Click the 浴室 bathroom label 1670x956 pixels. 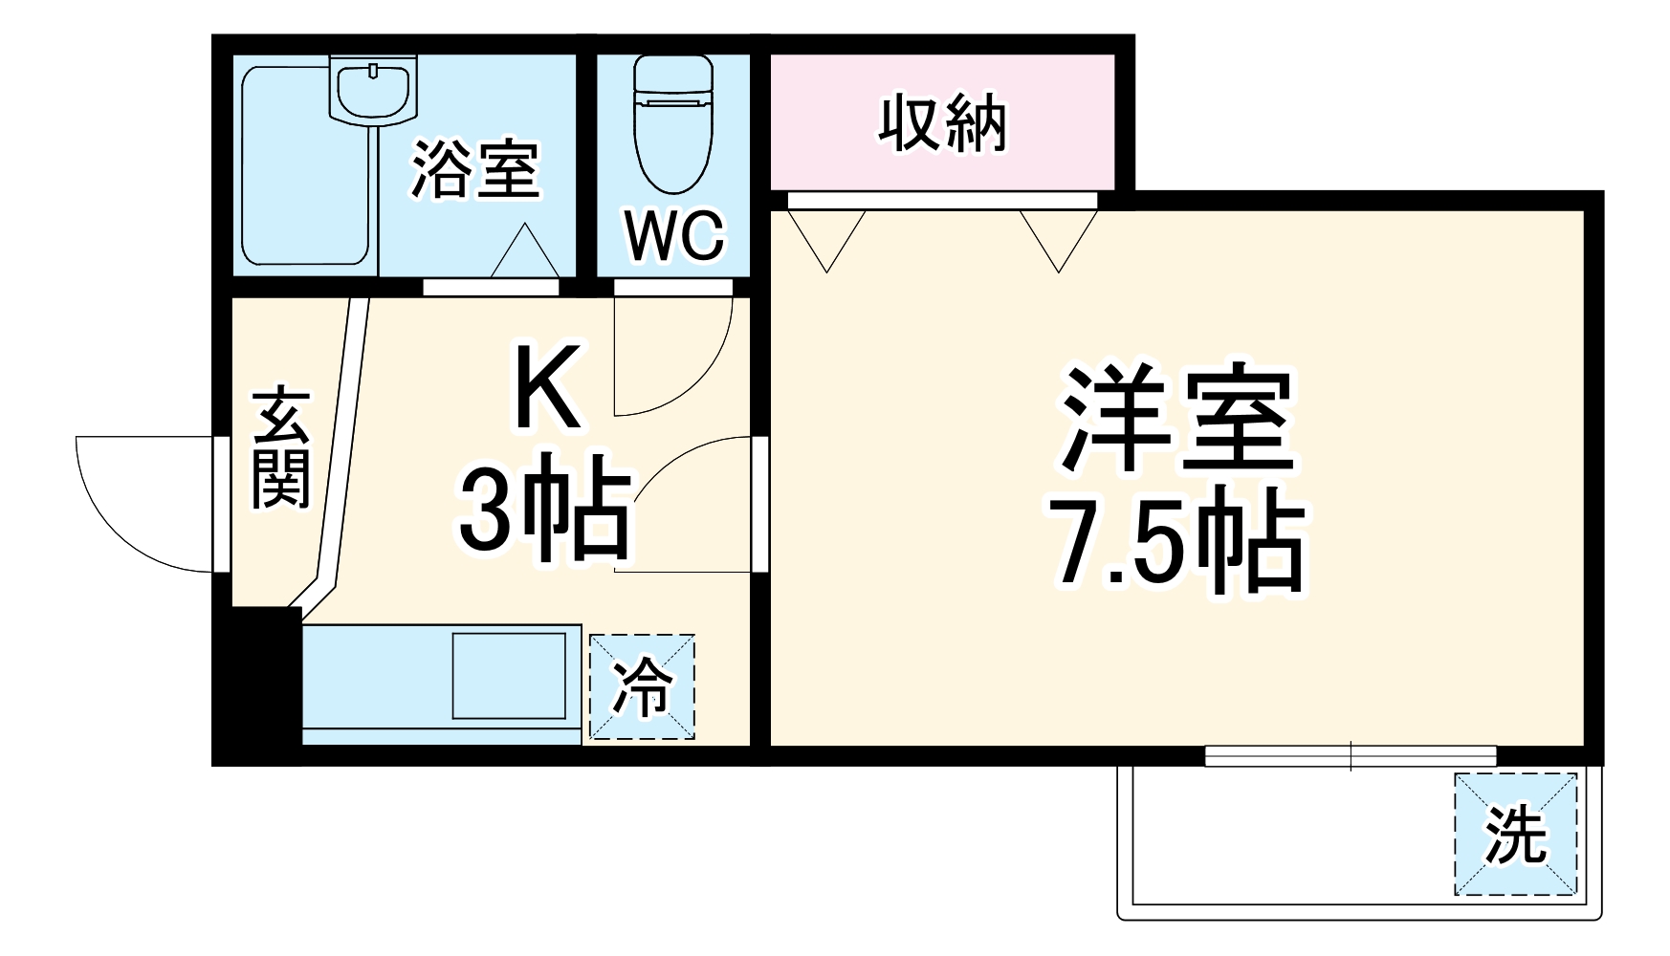tap(475, 170)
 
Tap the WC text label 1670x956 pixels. tap(675, 235)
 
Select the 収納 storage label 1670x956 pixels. tap(942, 123)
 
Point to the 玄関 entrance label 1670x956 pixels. tap(280, 447)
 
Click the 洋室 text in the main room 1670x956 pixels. tap(1176, 419)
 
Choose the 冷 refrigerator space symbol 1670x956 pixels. tap(642, 686)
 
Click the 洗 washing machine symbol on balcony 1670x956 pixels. tap(1515, 834)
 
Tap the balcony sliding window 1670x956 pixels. tap(1350, 755)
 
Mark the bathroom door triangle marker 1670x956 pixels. tap(524, 250)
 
